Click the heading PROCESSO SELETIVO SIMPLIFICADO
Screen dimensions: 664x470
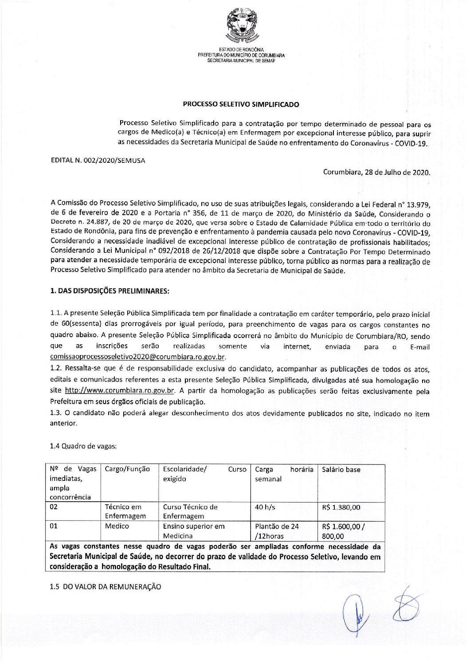click(241, 105)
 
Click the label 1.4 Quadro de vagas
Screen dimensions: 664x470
click(84, 446)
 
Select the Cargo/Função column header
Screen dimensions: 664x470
click(127, 469)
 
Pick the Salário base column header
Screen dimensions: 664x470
click(341, 469)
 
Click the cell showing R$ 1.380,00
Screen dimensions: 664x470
click(341, 507)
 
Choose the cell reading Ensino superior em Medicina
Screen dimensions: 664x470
click(194, 531)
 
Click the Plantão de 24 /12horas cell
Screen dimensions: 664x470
click(277, 531)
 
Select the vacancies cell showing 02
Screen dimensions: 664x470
click(54, 507)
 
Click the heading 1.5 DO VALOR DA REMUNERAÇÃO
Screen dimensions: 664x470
click(106, 587)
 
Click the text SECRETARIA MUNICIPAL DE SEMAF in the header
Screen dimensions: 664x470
click(242, 61)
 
